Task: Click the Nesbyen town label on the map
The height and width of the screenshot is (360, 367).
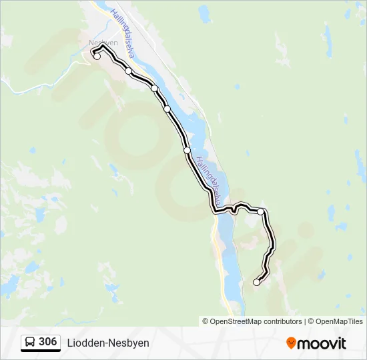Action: click(103, 42)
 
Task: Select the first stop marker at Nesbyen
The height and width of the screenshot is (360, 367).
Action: click(97, 56)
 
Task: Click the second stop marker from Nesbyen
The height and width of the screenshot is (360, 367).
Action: click(128, 71)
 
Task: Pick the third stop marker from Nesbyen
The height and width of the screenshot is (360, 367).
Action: click(154, 88)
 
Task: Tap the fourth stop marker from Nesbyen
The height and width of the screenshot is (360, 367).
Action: click(167, 109)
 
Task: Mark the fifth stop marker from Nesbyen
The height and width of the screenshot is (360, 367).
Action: click(187, 150)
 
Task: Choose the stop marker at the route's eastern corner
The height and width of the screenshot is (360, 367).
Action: click(261, 211)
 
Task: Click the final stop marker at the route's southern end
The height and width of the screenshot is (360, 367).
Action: click(256, 283)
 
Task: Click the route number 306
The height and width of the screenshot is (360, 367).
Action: click(47, 342)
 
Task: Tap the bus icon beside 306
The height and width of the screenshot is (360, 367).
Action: click(30, 343)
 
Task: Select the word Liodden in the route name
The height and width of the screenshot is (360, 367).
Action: click(84, 343)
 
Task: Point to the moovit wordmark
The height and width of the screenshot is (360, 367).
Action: click(322, 343)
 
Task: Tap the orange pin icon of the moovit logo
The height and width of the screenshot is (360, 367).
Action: click(291, 343)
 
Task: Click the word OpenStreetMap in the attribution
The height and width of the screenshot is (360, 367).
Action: click(236, 321)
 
